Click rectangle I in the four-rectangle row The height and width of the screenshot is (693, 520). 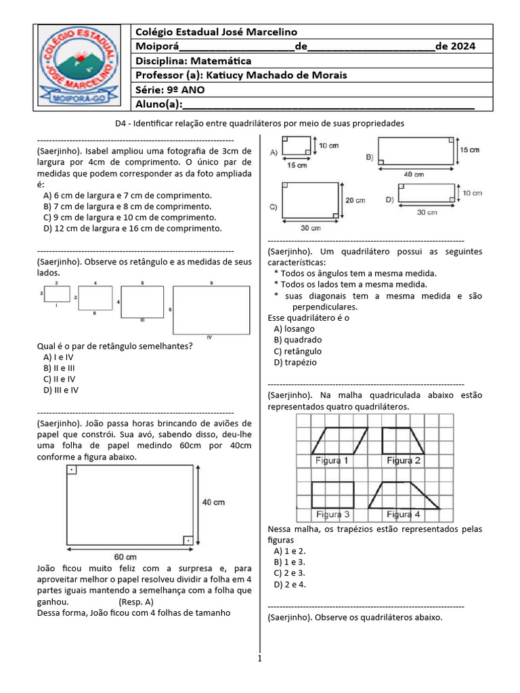pyautogui.click(x=57, y=294)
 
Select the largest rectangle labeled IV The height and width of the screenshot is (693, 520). pyautogui.click(x=211, y=310)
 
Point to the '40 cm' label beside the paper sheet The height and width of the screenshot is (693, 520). pyautogui.click(x=214, y=502)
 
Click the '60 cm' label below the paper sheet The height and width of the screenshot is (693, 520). pyautogui.click(x=127, y=556)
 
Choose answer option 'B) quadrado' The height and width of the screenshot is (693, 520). pyautogui.click(x=298, y=340)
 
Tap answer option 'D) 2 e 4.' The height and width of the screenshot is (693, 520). pyautogui.click(x=290, y=584)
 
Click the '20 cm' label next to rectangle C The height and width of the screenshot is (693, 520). pyautogui.click(x=355, y=200)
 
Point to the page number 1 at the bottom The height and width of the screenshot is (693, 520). pyautogui.click(x=260, y=658)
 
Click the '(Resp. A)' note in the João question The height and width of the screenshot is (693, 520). pyautogui.click(x=136, y=602)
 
